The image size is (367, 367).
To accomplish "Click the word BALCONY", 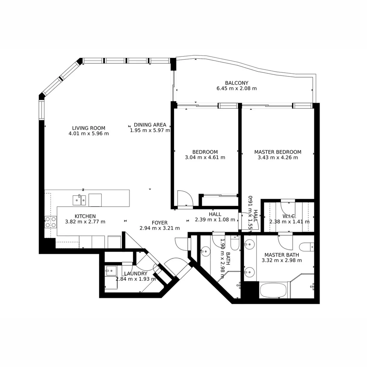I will point(237,83).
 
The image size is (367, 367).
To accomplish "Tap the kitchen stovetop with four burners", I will point(50,222).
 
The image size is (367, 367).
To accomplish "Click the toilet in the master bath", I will point(308,247).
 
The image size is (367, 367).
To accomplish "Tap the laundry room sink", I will point(111,271).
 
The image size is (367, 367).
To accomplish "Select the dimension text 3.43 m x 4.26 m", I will point(278,157).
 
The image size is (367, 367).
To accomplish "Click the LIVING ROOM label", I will point(88,128).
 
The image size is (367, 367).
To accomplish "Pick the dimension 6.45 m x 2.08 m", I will point(237,88).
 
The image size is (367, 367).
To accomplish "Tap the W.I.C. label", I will point(289,216).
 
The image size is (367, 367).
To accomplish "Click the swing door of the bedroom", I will point(185,198).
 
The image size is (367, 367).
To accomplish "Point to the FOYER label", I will point(159,223).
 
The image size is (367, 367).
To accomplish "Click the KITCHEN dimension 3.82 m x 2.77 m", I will point(85,222).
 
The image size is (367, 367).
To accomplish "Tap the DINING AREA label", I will point(150,125).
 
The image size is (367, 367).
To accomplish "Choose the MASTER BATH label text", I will point(282,255).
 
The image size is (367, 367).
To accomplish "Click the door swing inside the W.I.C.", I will point(287,208).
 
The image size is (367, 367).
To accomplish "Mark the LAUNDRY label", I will point(136,274).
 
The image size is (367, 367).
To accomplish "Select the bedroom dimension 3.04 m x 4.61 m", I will point(205,157).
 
